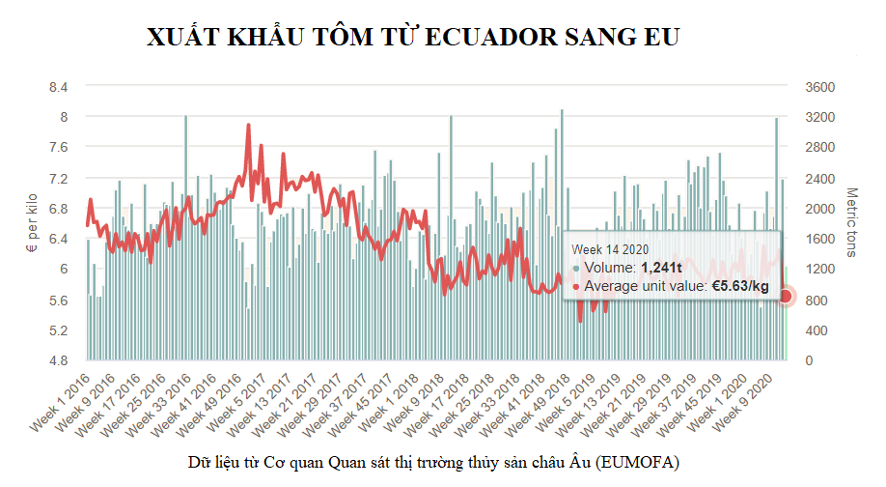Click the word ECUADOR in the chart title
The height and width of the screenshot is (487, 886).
click(493, 38)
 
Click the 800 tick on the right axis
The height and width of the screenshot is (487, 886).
click(816, 300)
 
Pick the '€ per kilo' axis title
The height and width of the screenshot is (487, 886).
click(31, 223)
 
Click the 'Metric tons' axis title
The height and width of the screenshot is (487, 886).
click(851, 223)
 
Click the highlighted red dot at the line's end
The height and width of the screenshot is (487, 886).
click(785, 296)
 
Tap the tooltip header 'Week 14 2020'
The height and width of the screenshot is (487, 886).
click(608, 249)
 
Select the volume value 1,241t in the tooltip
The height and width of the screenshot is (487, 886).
click(662, 268)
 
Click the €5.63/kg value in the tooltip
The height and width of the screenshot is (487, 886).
click(740, 286)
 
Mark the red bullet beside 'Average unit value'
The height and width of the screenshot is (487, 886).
click(576, 286)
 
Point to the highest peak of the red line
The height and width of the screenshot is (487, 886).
click(248, 125)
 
